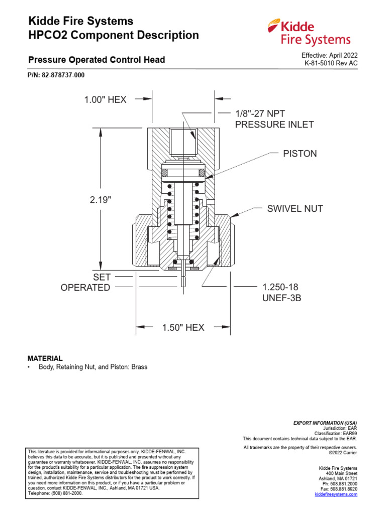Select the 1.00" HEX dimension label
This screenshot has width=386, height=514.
105,100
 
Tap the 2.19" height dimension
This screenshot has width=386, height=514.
101,199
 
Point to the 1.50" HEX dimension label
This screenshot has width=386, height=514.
183,328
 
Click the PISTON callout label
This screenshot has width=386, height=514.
300,154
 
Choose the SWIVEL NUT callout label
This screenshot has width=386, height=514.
295,208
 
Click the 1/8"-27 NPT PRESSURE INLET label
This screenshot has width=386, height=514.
274,119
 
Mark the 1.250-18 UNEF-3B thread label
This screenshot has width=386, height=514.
282,292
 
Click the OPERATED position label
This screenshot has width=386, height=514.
85,288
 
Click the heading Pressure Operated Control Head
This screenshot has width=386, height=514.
96,60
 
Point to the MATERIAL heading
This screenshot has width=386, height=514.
45,358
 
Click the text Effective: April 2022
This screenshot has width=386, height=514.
329,55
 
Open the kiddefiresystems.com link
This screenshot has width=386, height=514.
336,494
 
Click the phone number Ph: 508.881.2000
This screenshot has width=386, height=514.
339,484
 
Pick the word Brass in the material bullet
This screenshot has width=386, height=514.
139,367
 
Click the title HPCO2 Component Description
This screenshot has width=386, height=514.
114,35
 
